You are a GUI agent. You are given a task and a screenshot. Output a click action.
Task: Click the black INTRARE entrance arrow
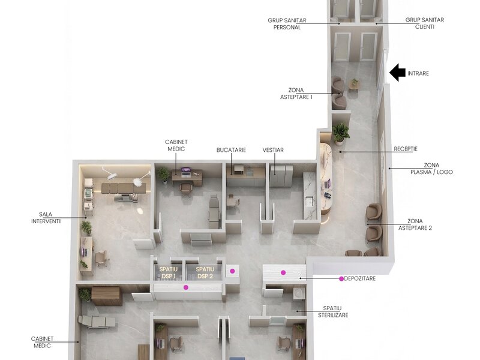(x=397, y=73)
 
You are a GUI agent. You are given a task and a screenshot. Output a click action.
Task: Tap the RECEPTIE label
(x=406, y=149)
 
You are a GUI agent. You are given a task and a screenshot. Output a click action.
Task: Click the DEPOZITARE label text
(x=359, y=278)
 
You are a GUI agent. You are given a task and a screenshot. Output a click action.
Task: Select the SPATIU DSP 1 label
(x=169, y=273)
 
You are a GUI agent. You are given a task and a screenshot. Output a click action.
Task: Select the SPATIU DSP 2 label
(x=205, y=273)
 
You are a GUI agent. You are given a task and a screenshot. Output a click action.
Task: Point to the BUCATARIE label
(x=231, y=150)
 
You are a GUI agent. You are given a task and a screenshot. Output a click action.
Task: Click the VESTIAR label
(x=273, y=150)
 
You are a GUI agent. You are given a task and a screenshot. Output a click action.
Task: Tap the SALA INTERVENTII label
(x=46, y=218)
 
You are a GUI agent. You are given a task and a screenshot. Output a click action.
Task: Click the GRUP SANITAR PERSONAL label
(x=287, y=23)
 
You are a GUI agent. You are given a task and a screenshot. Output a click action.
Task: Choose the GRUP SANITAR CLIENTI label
(x=425, y=23)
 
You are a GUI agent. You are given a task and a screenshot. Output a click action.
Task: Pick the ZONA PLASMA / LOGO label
(x=431, y=169)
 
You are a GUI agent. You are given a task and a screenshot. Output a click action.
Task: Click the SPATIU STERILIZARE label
(x=333, y=311)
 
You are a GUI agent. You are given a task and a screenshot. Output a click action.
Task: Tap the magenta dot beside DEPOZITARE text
(x=341, y=278)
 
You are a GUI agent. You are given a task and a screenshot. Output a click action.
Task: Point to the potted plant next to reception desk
(x=340, y=133)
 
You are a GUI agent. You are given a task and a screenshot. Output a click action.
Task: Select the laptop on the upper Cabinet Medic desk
(x=185, y=172)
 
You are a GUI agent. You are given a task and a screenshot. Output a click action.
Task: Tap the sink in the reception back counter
(x=309, y=201)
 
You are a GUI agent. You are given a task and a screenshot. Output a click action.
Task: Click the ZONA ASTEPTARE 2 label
(x=415, y=224)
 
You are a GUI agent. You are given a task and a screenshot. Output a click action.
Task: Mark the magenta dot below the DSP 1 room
(x=186, y=287)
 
